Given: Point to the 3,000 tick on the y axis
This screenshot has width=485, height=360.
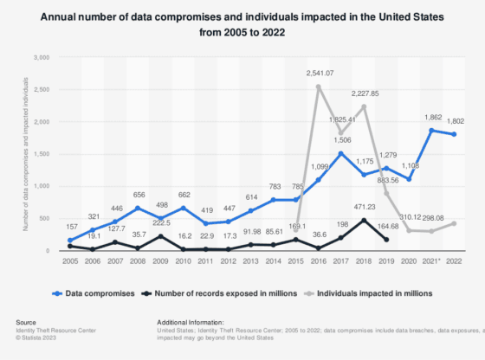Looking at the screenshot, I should point(41,57).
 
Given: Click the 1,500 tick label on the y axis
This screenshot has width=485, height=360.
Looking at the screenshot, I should point(41,154).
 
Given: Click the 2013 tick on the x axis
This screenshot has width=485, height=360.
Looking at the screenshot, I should point(250,262).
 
